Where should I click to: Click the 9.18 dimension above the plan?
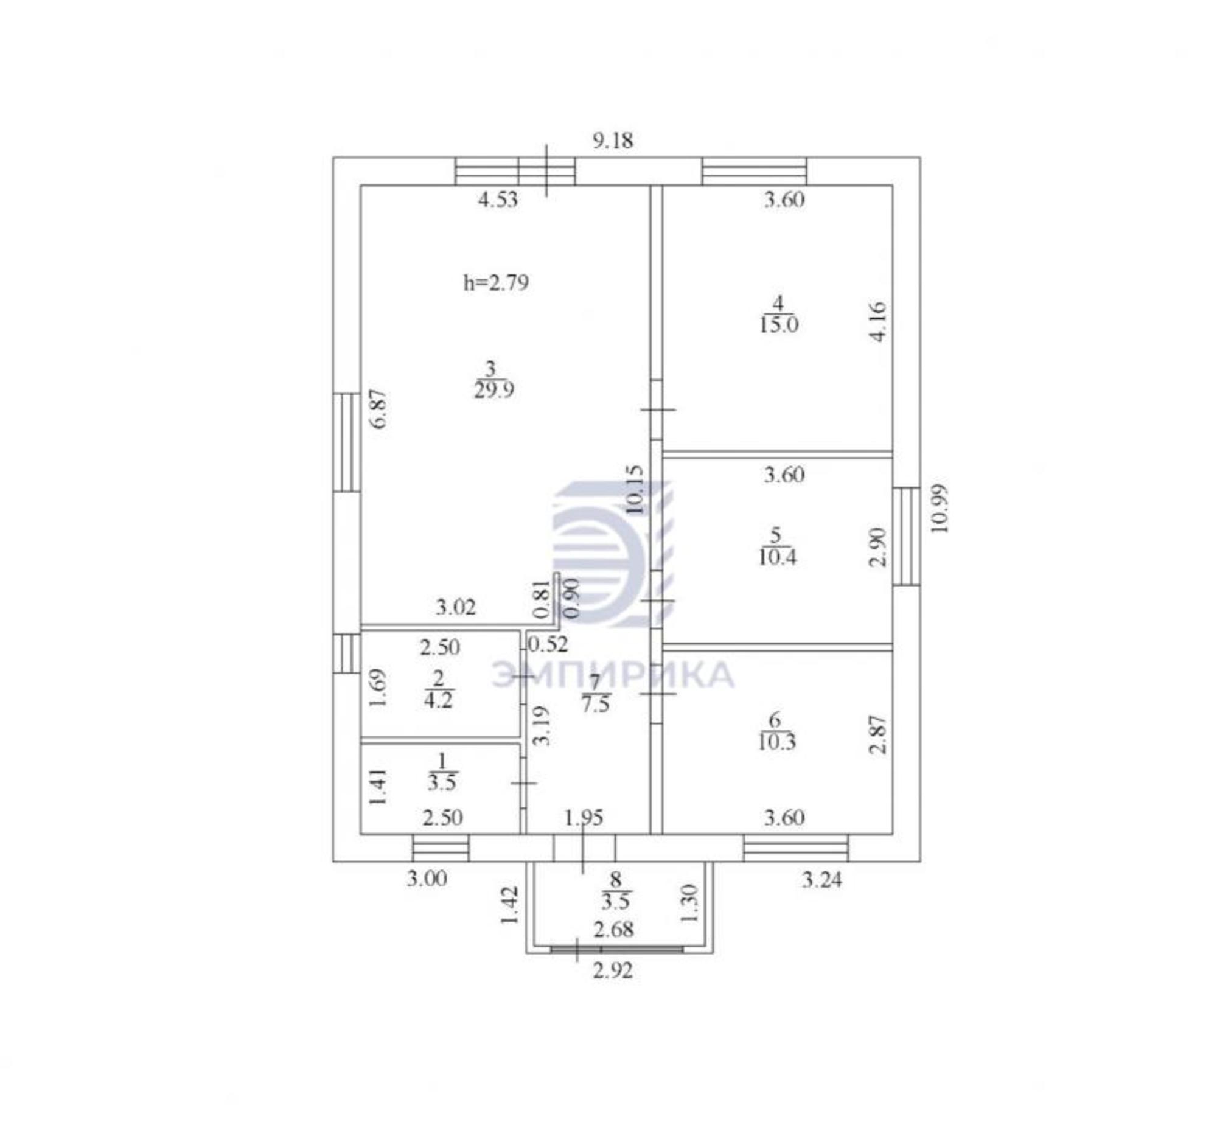tap(613, 141)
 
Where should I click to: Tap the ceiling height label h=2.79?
tap(496, 282)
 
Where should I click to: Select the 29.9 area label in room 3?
tap(493, 389)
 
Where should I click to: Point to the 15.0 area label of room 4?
tap(779, 324)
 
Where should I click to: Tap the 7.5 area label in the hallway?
tap(595, 704)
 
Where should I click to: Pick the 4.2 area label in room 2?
tap(438, 700)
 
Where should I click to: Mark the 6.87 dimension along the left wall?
tap(379, 409)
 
